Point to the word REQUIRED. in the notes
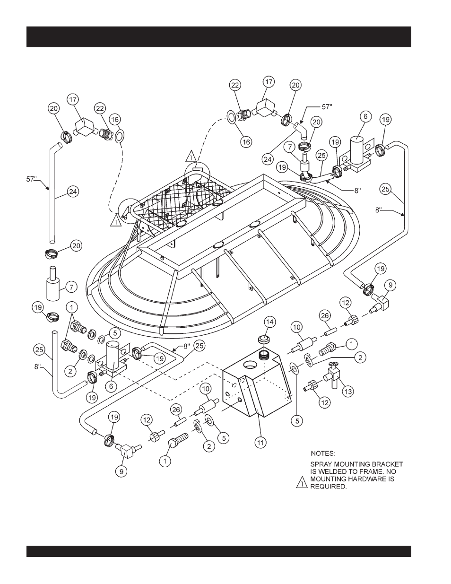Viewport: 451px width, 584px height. [x=329, y=487]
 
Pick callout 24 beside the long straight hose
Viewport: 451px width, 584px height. [x=73, y=192]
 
